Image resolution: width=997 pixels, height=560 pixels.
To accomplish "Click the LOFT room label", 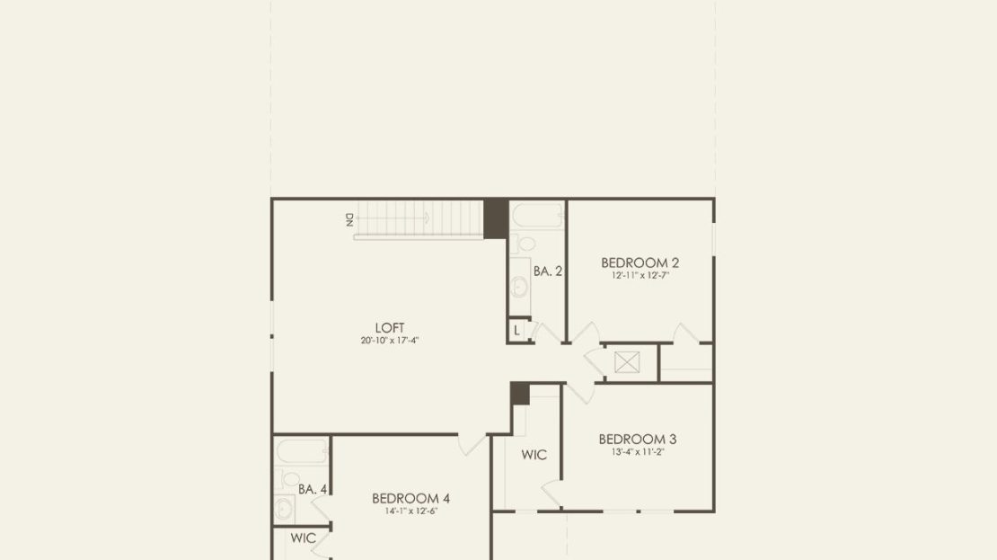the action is click(x=390, y=328).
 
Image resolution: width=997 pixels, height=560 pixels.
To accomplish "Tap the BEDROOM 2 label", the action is click(x=640, y=262).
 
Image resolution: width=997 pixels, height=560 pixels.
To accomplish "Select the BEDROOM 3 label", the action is click(x=638, y=439).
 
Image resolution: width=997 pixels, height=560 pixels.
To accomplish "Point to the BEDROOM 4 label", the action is click(x=410, y=498).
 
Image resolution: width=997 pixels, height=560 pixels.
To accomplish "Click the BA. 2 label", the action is click(x=548, y=271).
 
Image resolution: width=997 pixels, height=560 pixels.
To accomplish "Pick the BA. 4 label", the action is click(x=313, y=489).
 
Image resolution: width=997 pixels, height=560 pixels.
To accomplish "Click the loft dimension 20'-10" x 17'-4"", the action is click(x=390, y=341).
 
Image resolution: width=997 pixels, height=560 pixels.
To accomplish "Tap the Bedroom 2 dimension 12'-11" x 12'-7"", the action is click(x=640, y=276).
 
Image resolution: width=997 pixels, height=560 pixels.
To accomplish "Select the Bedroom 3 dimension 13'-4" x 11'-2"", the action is click(x=638, y=452).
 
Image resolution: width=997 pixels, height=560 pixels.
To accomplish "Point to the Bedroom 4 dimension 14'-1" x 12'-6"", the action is click(x=410, y=511).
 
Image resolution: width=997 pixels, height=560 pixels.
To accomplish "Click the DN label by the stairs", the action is click(x=349, y=219).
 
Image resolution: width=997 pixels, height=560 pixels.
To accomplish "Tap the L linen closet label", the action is click(x=517, y=331).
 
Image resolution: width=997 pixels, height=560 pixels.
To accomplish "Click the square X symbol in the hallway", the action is click(x=627, y=363).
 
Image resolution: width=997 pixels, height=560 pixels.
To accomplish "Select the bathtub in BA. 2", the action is click(x=537, y=216).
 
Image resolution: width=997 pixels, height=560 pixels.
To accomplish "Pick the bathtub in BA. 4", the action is click(x=302, y=451).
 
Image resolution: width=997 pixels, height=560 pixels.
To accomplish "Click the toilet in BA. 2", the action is click(x=524, y=244).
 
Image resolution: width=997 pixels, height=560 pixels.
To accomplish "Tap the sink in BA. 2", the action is click(x=519, y=287).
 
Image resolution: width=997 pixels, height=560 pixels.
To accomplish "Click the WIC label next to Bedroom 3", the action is click(x=534, y=455).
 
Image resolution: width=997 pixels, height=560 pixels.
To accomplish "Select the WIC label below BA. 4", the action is click(x=304, y=538).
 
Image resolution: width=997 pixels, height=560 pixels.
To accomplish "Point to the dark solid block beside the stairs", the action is click(x=495, y=219).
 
